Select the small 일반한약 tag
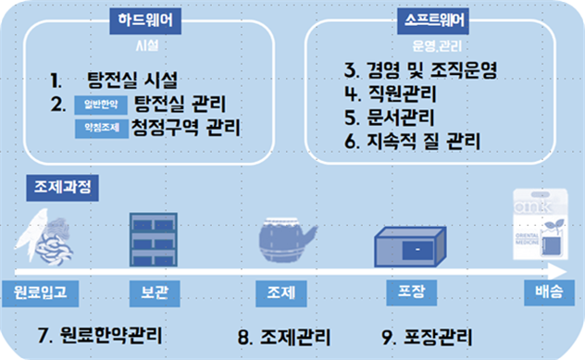coord(102,103)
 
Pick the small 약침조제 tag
coord(102,128)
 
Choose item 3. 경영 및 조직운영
coord(418,70)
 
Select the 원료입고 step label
coord(40,293)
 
